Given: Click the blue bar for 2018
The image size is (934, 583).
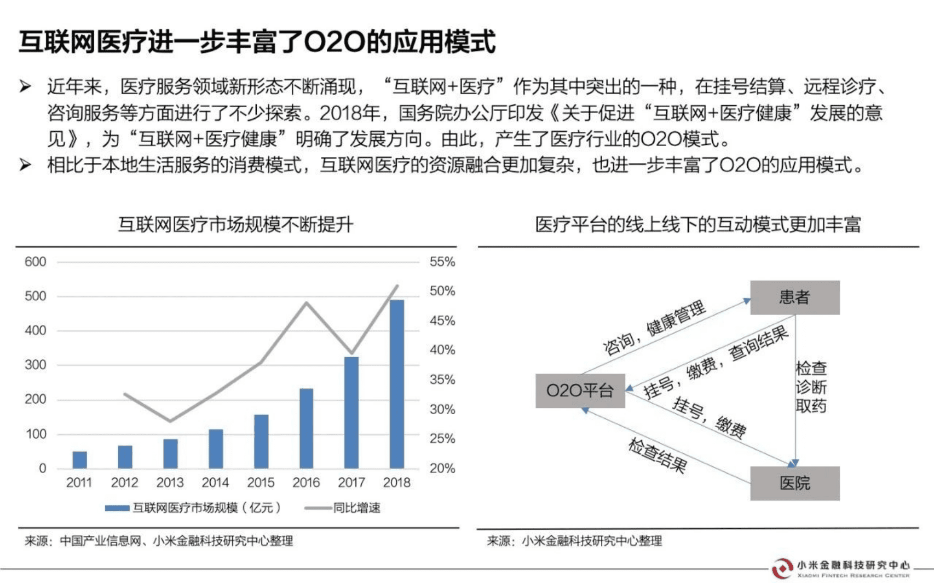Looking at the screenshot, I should [397, 384].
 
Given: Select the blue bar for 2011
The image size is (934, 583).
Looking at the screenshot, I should [80, 460].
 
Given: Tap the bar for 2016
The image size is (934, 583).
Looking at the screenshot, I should [307, 428].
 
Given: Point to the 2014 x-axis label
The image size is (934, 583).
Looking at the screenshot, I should [215, 482].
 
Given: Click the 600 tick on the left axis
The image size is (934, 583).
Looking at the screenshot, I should [36, 262].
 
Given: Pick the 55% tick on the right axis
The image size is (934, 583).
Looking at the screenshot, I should [442, 262].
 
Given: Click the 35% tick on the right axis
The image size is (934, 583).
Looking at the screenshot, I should [442, 380].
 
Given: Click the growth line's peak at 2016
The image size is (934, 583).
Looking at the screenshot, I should [307, 303].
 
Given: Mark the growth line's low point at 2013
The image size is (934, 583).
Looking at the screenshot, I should [170, 421].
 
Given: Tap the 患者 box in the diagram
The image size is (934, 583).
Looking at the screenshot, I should [794, 298].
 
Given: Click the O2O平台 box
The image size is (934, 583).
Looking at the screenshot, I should [580, 390].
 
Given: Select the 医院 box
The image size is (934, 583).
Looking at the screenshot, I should [794, 483].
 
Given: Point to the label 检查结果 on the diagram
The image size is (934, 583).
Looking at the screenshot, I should [656, 455].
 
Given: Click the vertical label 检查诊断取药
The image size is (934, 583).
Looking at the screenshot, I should [811, 387].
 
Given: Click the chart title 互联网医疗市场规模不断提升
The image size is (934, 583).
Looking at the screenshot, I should [236, 224].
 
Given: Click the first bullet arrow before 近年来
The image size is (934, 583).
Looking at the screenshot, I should [25, 86].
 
